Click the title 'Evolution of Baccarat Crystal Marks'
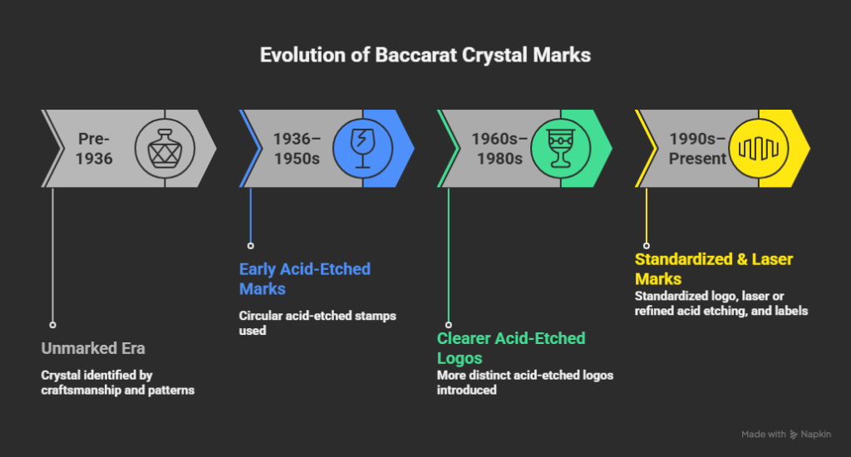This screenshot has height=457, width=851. (x=425, y=56)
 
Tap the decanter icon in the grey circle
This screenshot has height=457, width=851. (x=165, y=148)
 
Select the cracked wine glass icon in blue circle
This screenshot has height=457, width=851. (x=362, y=148)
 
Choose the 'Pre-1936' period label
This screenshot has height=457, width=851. (x=94, y=148)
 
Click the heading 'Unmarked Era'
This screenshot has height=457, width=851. (x=94, y=348)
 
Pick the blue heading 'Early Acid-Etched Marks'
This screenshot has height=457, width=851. (x=304, y=278)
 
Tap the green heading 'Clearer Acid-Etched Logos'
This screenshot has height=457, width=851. (x=511, y=347)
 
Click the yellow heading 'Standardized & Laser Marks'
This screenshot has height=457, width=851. (x=714, y=268)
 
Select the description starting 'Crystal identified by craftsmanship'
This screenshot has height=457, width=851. (x=117, y=382)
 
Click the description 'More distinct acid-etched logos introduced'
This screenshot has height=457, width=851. (x=524, y=382)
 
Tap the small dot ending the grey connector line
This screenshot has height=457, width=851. (x=52, y=325)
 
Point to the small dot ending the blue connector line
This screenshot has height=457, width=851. (x=250, y=246)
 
